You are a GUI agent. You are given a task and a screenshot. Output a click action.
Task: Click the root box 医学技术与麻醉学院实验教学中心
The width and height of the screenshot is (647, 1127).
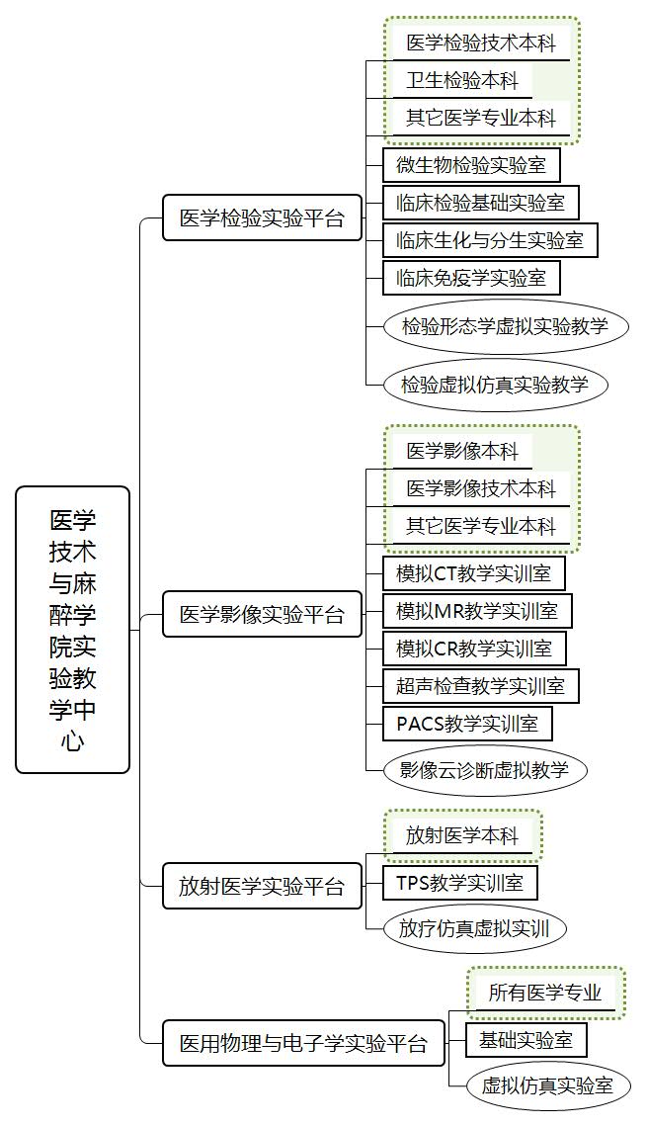point(72,630)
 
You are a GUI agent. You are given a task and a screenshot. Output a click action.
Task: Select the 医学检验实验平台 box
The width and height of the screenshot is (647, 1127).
point(262,217)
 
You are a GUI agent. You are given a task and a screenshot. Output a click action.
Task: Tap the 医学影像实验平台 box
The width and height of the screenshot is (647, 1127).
point(262,614)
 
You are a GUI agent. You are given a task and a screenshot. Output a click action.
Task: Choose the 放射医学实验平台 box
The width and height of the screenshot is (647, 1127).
point(262,886)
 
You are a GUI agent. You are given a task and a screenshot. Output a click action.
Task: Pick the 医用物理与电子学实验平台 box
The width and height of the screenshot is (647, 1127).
point(304,1042)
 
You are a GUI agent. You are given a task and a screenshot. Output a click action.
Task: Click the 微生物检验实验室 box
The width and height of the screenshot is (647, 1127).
point(471,165)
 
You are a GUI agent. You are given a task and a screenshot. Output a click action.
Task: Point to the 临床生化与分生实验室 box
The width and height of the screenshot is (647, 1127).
point(490,240)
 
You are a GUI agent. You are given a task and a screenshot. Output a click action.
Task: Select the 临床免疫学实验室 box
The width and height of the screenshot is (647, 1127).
point(471,278)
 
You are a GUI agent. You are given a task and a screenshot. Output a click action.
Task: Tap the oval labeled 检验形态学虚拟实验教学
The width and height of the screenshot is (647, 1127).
point(506,327)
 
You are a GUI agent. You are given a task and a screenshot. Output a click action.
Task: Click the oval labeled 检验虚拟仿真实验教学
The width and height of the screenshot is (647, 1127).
point(495,386)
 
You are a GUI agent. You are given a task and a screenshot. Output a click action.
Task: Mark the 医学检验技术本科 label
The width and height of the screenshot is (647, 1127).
point(481,43)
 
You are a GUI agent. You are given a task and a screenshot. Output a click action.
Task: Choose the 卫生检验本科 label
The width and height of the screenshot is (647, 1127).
point(462,80)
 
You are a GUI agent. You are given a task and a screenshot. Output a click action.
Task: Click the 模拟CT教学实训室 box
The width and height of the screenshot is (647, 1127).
point(474,573)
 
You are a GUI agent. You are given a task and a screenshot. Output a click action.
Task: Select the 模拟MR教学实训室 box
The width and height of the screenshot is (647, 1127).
point(477,611)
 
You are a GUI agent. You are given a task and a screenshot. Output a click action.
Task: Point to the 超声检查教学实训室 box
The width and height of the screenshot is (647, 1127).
point(480,686)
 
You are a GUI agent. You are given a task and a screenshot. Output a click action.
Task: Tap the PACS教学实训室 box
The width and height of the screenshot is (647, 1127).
point(467,723)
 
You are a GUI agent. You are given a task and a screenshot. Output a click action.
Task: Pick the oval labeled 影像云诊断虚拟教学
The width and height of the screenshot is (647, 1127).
point(485,770)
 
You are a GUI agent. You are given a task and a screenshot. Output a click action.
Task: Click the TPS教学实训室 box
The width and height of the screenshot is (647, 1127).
point(460,882)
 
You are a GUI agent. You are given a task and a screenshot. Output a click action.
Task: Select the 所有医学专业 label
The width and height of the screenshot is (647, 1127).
point(545,994)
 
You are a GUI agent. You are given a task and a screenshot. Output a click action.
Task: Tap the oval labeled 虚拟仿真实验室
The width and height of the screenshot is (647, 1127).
point(548,1085)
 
